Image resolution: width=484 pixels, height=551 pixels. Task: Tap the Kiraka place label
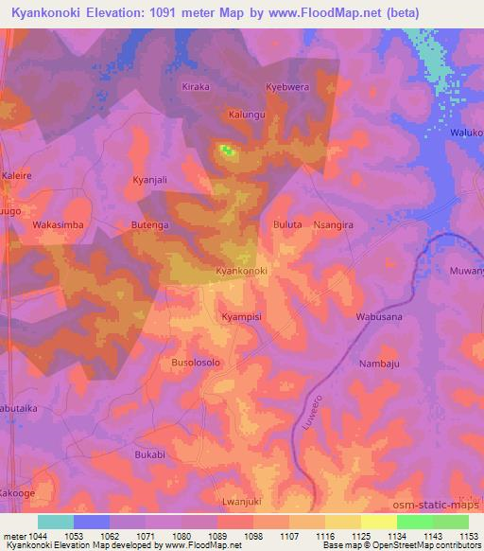[195, 86]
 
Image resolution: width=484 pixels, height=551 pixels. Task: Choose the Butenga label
[151, 226]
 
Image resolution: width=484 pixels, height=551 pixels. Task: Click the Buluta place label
[286, 226]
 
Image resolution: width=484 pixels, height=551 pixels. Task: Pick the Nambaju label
[379, 362]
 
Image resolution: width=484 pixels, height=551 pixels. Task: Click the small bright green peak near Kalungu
[226, 149]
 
